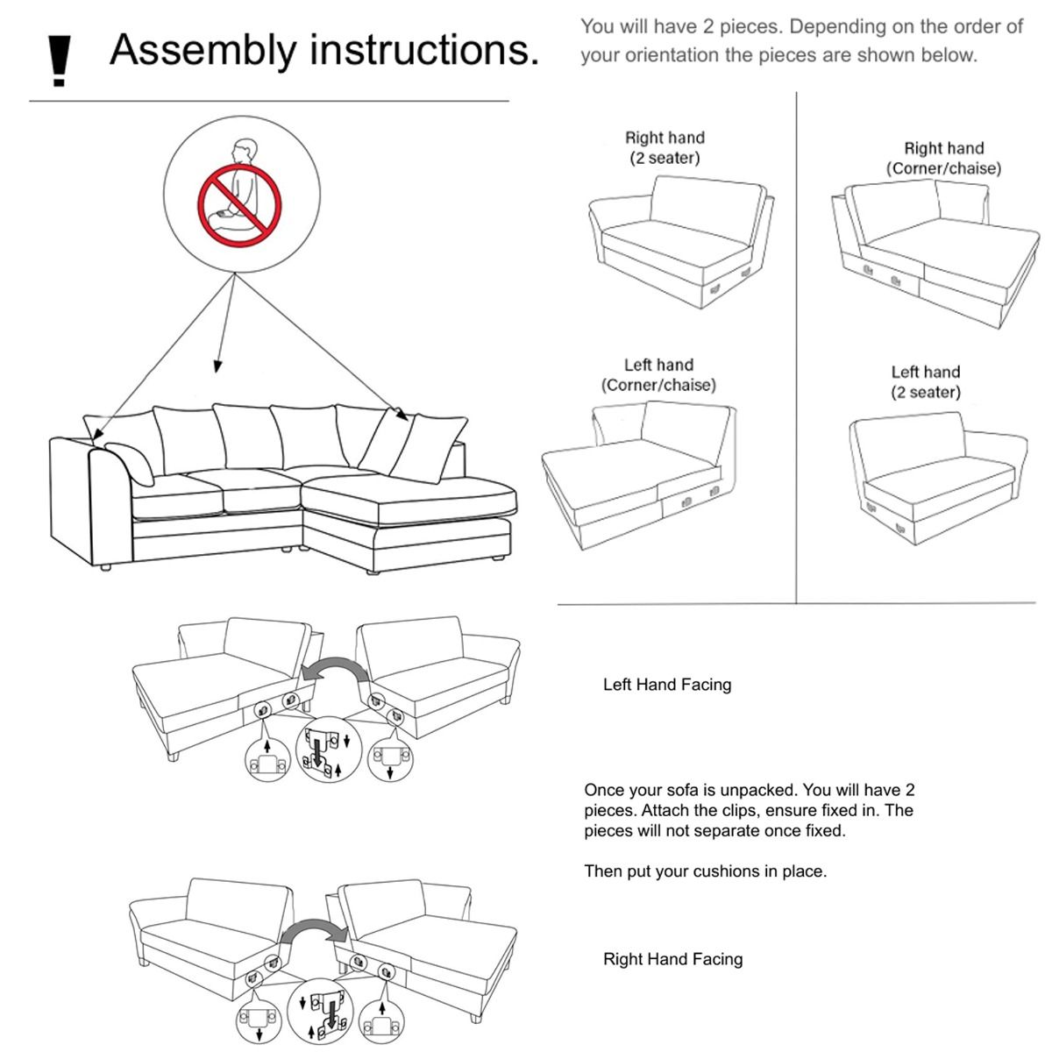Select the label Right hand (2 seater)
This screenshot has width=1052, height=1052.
pyautogui.click(x=665, y=148)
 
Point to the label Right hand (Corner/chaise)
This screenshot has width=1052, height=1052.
pyautogui.click(x=943, y=159)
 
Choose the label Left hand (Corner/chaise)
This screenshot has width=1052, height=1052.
pyautogui.click(x=658, y=375)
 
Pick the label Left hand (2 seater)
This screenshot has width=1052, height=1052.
pyautogui.click(x=926, y=382)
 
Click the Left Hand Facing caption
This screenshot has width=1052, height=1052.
pyautogui.click(x=666, y=685)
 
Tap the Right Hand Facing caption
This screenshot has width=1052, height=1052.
pyautogui.click(x=672, y=960)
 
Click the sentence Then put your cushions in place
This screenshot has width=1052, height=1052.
pyautogui.click(x=705, y=872)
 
